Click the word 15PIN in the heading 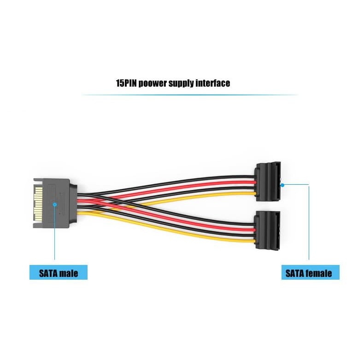click(126, 83)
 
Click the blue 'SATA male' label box click(58, 273)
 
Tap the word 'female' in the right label click(319, 273)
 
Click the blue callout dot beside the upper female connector click(283, 185)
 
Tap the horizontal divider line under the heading click(189, 95)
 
